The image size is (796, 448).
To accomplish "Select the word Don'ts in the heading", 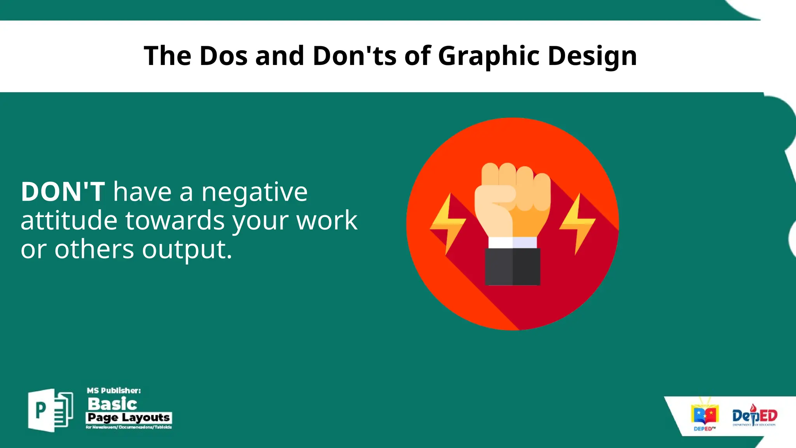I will (354, 56).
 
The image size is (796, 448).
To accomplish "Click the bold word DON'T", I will (63, 192).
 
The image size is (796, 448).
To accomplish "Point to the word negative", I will (255, 192).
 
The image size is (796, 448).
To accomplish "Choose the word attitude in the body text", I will (69, 220).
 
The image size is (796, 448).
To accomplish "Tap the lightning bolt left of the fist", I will (448, 223).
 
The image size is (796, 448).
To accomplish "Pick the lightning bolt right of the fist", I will (578, 223).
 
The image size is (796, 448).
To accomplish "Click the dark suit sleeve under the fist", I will (512, 267).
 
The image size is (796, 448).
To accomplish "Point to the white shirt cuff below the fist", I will (512, 243).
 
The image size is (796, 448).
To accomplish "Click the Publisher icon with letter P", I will (50, 410).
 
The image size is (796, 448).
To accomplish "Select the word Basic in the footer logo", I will (112, 404).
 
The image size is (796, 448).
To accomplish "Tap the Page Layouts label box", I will (129, 418).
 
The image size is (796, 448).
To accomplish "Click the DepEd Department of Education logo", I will (754, 416).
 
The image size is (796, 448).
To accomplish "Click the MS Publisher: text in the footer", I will (113, 390).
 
